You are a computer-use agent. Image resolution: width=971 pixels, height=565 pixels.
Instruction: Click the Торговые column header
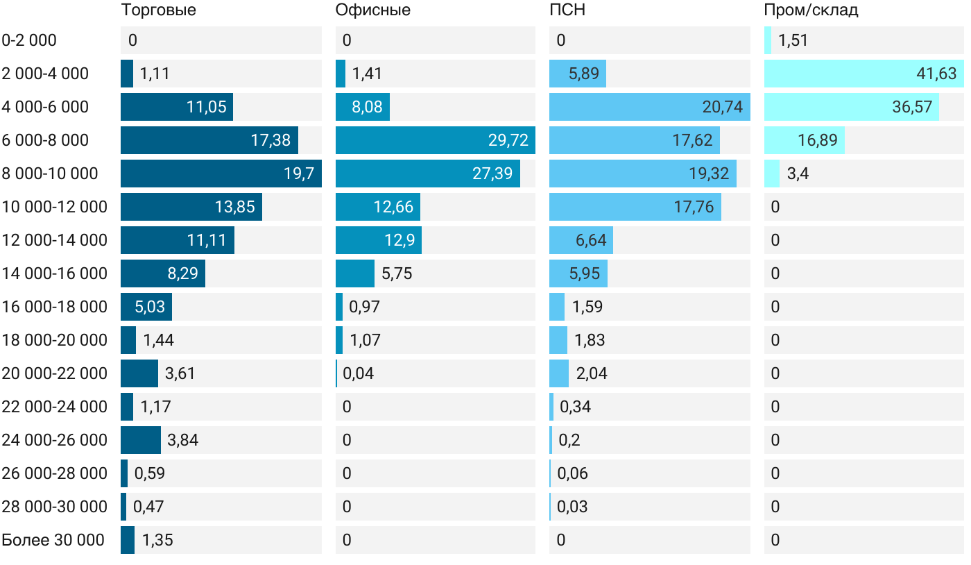tap(158, 10)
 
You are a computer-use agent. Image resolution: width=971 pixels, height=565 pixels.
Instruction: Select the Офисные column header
tap(372, 10)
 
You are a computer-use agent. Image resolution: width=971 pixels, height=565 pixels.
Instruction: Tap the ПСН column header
tap(567, 10)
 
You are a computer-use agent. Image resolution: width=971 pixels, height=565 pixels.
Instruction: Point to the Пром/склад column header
tap(811, 10)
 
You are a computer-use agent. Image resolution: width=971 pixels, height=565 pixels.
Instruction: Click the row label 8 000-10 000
tap(50, 174)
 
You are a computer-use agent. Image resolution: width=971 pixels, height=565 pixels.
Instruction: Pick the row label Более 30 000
tap(53, 540)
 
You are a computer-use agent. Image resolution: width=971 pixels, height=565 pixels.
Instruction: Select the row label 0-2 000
tap(29, 40)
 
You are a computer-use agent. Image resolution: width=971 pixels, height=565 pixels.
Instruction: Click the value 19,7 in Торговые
tap(299, 174)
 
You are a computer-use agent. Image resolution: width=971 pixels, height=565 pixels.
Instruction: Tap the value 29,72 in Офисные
tap(508, 140)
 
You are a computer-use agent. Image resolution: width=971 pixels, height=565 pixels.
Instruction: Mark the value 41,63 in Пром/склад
tap(936, 74)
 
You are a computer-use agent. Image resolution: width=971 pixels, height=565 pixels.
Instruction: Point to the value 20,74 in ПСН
tap(722, 107)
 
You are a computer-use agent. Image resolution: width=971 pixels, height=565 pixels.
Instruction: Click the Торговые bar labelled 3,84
tap(141, 440)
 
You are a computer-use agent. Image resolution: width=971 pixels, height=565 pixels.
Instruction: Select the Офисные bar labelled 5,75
tap(355, 273)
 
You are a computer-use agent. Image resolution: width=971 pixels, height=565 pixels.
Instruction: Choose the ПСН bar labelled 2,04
tap(559, 373)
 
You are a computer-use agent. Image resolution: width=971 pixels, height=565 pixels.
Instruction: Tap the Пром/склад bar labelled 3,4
tap(772, 174)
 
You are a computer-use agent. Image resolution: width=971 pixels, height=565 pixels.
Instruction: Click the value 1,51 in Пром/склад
tap(793, 40)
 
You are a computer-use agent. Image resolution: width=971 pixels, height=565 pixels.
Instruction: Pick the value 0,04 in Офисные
tap(358, 373)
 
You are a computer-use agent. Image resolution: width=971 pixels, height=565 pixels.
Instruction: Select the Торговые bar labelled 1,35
tap(128, 540)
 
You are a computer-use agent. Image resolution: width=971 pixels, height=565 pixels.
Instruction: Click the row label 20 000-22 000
tap(55, 373)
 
